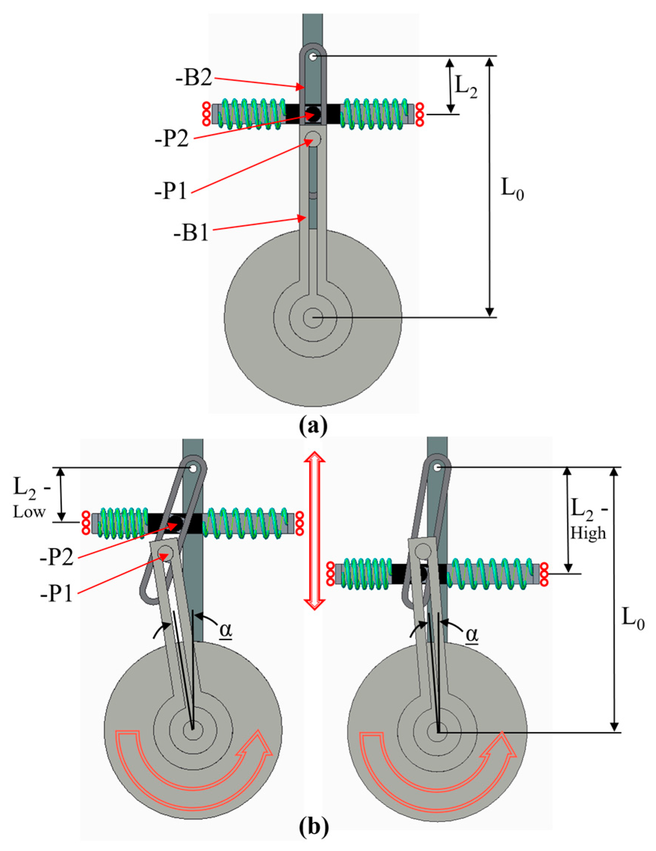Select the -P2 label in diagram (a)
point(172,139)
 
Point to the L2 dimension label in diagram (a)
point(466,88)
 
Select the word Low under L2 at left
point(29,512)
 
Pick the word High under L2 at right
point(588,533)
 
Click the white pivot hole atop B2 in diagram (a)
point(313,57)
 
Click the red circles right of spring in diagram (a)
point(420,114)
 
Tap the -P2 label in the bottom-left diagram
point(57,558)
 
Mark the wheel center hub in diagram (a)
point(313,318)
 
